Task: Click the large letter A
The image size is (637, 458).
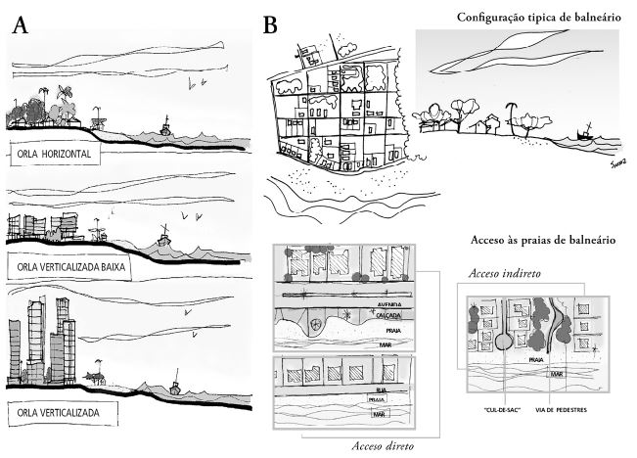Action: tap(21, 26)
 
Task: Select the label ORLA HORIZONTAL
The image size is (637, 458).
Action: tap(53, 155)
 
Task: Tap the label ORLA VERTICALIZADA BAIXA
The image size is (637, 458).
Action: tap(75, 266)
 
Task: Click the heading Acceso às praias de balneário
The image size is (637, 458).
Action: tap(542, 241)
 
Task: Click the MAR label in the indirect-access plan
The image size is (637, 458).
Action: tap(556, 374)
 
